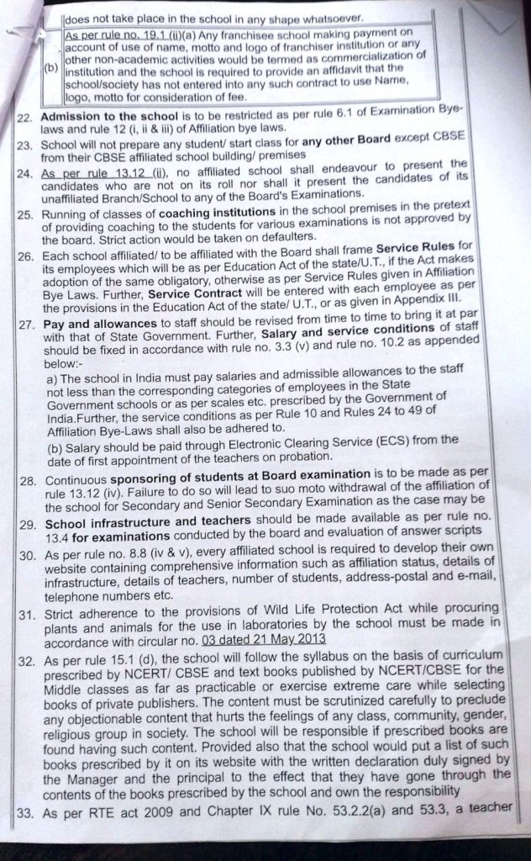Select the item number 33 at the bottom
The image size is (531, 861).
(26, 810)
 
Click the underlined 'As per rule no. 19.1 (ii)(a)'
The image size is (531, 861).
(135, 37)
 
